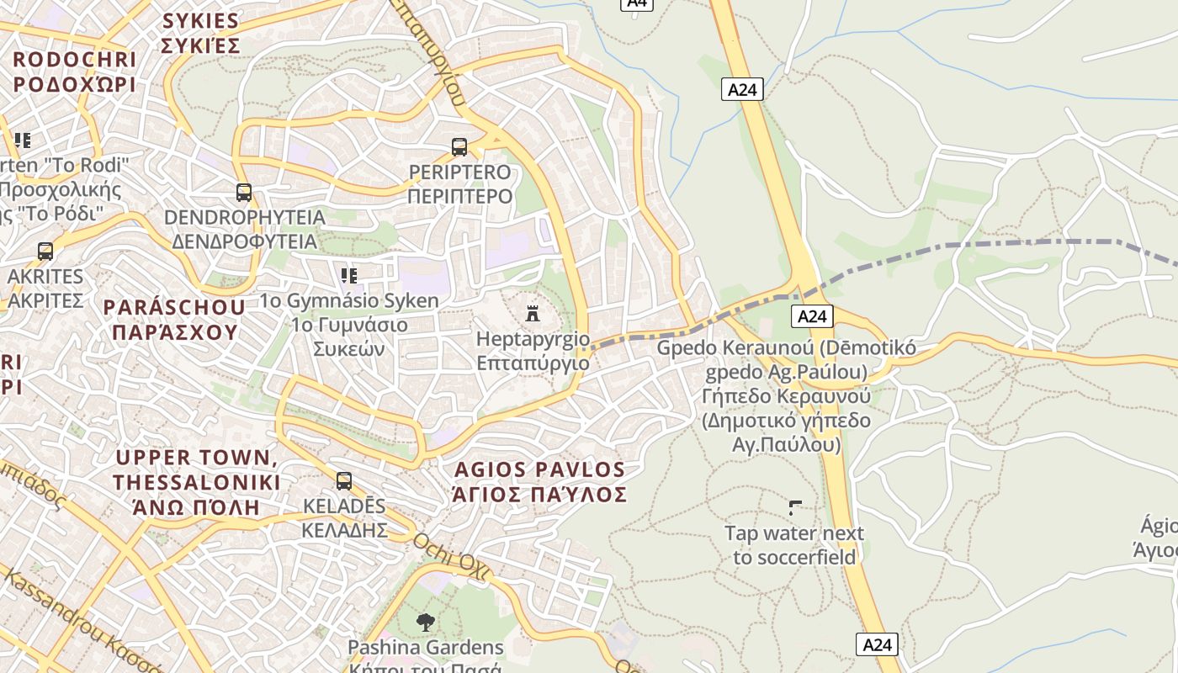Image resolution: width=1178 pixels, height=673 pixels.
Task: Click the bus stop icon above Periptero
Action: [459, 147]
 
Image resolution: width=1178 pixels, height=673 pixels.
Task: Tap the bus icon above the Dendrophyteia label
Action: [244, 193]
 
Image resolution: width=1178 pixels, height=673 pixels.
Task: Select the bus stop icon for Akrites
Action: [45, 252]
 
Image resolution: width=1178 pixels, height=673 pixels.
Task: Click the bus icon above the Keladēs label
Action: [344, 481]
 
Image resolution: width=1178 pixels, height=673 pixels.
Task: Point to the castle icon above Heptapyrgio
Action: [532, 314]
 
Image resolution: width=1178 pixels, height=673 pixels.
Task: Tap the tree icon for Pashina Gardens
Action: [426, 623]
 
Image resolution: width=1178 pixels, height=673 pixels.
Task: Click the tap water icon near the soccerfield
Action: [795, 508]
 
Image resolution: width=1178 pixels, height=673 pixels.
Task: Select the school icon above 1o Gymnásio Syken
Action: [349, 275]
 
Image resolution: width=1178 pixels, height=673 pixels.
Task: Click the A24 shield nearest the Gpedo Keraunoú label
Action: [812, 316]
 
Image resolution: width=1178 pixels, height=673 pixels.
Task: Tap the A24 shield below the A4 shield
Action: [742, 89]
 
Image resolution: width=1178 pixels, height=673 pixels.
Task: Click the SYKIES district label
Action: [200, 21]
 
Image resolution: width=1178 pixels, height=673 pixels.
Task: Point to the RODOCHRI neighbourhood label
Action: [74, 60]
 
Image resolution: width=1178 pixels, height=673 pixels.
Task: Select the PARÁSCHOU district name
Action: [174, 307]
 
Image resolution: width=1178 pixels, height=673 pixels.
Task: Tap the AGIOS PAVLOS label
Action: [540, 469]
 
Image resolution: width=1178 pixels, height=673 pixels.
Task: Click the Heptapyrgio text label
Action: [533, 339]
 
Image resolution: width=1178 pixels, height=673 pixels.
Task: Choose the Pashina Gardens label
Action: [426, 648]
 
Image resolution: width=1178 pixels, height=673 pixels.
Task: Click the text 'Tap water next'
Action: [794, 533]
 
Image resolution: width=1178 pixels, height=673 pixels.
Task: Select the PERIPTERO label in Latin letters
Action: [459, 172]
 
